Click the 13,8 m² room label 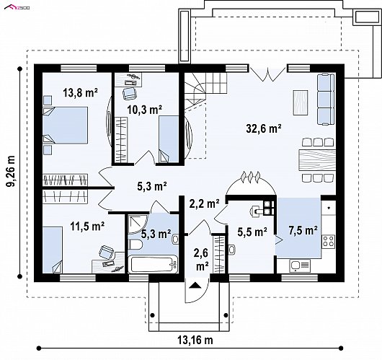(x=81, y=92)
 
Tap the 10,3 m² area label (x=145, y=110)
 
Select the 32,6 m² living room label (x=264, y=128)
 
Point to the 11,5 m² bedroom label (x=87, y=226)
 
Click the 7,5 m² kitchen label (x=303, y=230)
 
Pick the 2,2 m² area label (x=205, y=203)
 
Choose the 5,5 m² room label (x=252, y=232)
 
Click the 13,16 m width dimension (x=195, y=340)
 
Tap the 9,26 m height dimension (x=11, y=171)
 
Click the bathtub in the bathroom (x=154, y=264)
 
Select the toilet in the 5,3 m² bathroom (x=136, y=245)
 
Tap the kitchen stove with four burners (x=328, y=241)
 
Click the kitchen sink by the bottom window (x=300, y=265)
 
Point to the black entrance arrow (x=195, y=285)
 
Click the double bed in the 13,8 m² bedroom (x=66, y=125)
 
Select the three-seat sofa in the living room (x=325, y=99)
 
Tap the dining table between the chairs (x=316, y=159)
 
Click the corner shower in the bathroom (x=138, y=224)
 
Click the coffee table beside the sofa (x=301, y=102)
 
